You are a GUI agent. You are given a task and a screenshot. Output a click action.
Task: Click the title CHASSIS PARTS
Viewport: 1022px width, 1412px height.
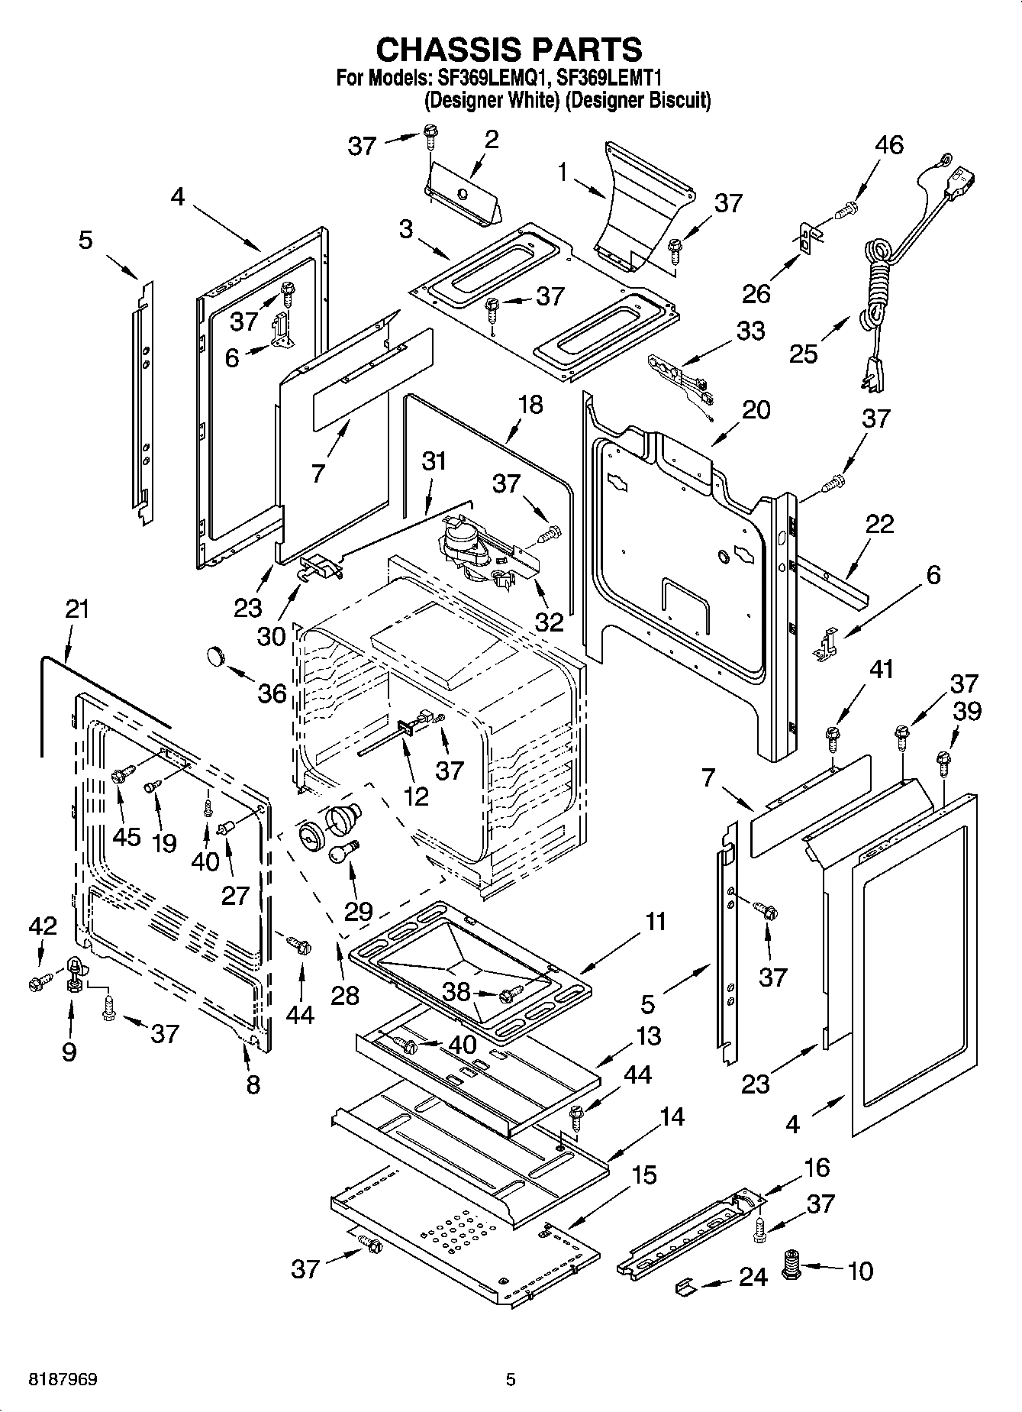[509, 50]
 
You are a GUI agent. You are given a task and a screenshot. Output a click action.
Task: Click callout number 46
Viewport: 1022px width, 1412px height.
[888, 145]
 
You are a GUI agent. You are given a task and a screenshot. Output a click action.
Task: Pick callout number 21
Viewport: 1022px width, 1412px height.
[76, 610]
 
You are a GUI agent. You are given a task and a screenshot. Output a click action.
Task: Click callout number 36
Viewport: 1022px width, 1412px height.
[272, 693]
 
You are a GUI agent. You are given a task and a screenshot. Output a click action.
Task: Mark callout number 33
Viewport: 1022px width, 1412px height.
[750, 331]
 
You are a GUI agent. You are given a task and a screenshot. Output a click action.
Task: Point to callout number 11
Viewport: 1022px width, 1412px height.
[655, 922]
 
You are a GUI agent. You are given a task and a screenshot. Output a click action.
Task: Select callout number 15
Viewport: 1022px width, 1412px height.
[644, 1175]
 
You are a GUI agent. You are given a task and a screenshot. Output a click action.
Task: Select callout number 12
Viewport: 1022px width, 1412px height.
[416, 796]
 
